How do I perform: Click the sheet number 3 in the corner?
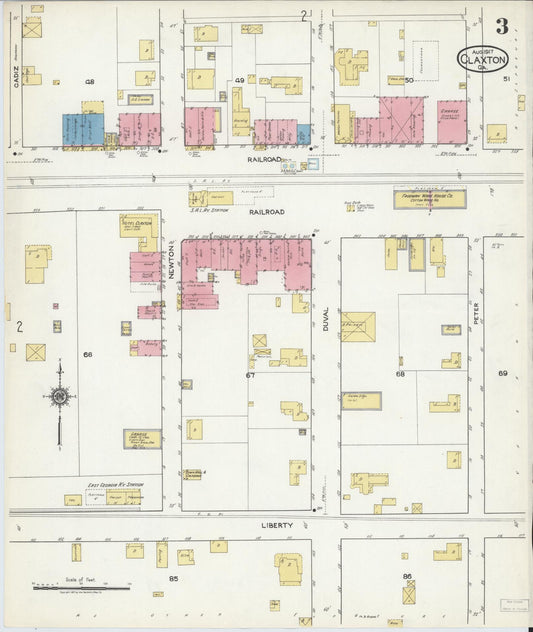(x=501, y=27)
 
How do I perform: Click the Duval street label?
(x=326, y=314)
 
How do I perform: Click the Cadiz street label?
(x=17, y=79)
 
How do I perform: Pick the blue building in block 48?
(x=83, y=129)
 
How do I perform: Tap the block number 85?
(x=173, y=578)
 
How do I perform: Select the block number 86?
(x=407, y=577)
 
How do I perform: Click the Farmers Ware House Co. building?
(x=429, y=199)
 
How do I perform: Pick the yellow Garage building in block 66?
(x=142, y=438)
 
